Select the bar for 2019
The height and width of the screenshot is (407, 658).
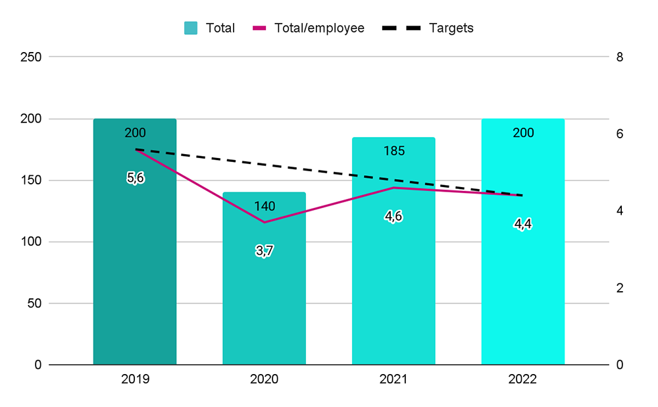[x=135, y=263]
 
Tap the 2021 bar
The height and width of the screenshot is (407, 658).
[x=393, y=277]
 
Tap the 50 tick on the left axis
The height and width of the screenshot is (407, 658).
[x=34, y=304]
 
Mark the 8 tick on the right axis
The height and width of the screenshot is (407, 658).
[x=619, y=57]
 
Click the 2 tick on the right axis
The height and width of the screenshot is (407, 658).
[x=619, y=288]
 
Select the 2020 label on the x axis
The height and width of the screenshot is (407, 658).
[x=264, y=380]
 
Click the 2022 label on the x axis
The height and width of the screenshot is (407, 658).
[x=523, y=380]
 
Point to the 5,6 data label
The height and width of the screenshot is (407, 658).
[x=135, y=178]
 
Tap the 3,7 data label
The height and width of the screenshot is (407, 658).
[x=264, y=251]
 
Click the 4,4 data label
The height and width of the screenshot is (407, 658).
[x=523, y=224]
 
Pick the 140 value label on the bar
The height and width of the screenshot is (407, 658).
[x=264, y=206]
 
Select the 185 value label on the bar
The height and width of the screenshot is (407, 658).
[x=393, y=151]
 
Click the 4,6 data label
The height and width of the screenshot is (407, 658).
[x=393, y=217]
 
